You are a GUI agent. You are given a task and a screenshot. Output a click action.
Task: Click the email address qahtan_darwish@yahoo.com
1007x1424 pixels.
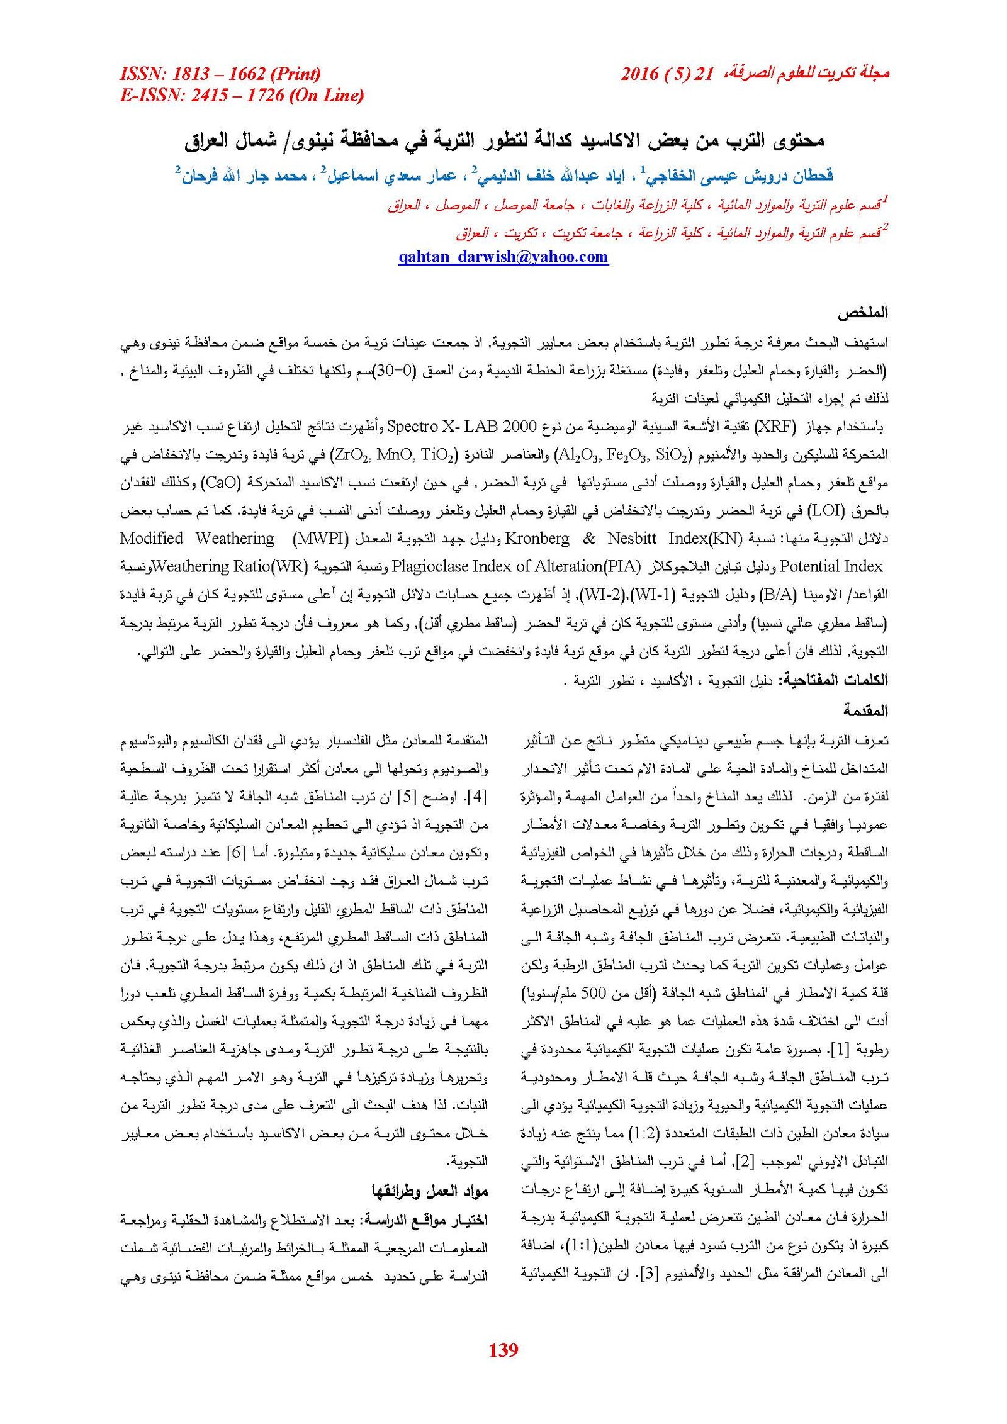click(x=503, y=257)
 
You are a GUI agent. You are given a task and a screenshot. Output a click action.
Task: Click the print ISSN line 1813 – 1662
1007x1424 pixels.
click(x=220, y=74)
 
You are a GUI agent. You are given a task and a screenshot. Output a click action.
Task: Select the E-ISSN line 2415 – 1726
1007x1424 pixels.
click(x=242, y=96)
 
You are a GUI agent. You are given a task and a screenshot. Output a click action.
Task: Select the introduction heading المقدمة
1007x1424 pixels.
click(x=865, y=710)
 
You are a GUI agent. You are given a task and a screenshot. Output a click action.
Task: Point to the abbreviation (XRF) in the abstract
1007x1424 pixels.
click(x=775, y=427)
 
